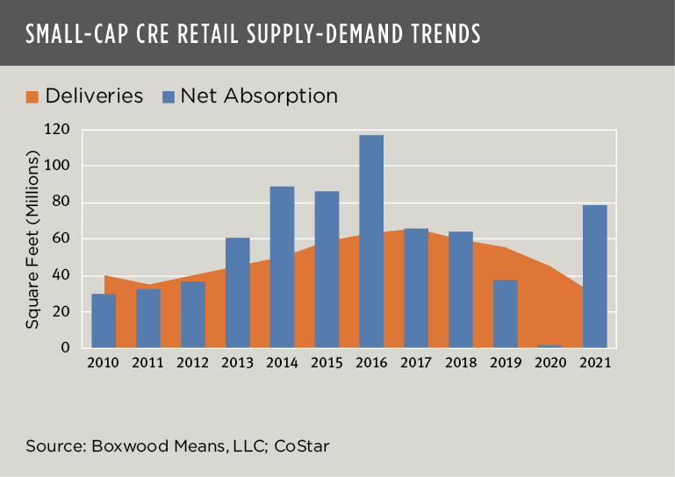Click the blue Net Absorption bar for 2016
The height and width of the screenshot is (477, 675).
[370, 241]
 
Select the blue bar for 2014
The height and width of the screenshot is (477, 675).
[282, 267]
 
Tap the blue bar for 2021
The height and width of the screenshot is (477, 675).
[594, 275]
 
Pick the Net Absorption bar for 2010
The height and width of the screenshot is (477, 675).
[104, 320]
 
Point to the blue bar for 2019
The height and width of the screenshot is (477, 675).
[505, 313]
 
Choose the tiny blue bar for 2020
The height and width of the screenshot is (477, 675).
[549, 346]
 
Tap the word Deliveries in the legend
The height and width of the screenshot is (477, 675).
[93, 96]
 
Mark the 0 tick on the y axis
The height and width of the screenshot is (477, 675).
[64, 347]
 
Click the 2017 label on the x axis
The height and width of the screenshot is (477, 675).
[415, 361]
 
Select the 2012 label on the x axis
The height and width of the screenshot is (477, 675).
[192, 361]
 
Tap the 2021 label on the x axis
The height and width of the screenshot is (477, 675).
[594, 361]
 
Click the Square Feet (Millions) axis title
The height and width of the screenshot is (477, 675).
[32, 238]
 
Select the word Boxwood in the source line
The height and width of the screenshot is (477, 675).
[120, 447]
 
